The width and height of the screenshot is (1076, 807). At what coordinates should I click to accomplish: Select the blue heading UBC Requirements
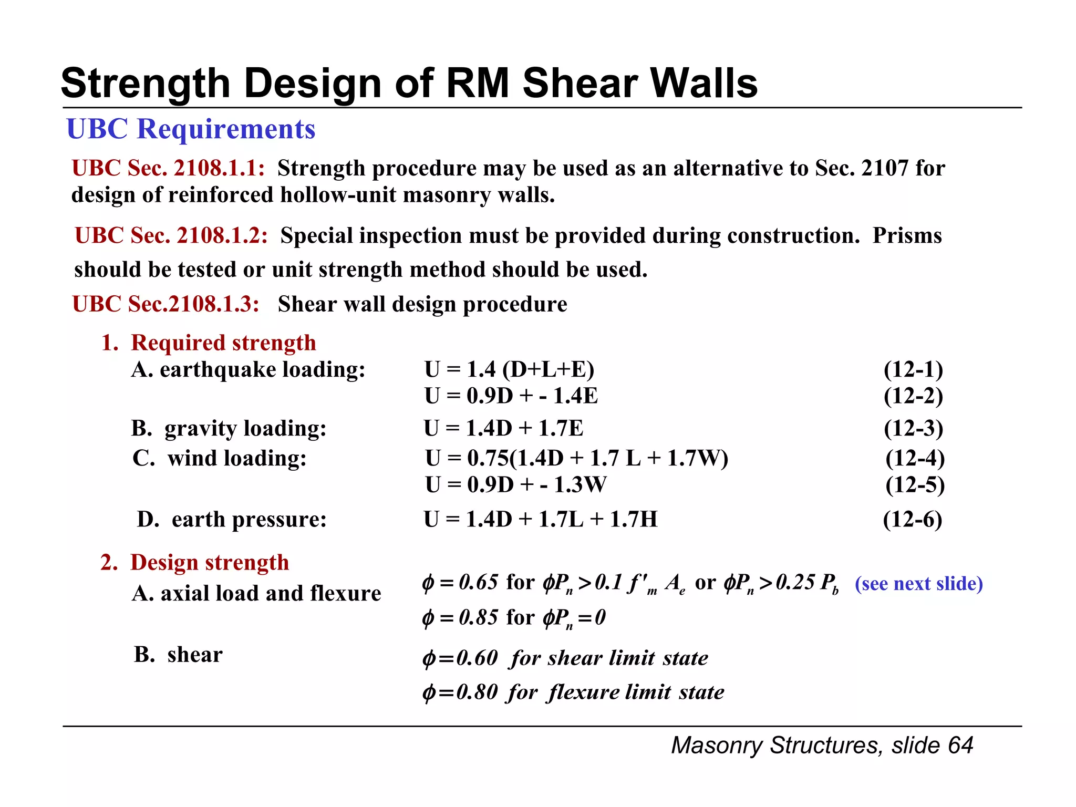coord(191,129)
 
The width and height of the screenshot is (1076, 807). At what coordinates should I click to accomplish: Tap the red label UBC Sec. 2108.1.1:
coord(168,169)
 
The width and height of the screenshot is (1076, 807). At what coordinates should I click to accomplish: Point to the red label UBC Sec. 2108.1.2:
coord(171,236)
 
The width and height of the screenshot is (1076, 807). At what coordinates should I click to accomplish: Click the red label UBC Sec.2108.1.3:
coord(166,304)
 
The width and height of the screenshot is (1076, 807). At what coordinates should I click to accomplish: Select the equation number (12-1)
coord(913,370)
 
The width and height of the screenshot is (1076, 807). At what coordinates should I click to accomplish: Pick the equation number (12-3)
coord(913,429)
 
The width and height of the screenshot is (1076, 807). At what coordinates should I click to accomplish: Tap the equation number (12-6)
coord(912,520)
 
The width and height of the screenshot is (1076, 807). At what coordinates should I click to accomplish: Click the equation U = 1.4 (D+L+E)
coord(509,370)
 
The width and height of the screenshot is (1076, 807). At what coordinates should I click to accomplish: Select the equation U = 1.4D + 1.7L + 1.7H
coord(541,520)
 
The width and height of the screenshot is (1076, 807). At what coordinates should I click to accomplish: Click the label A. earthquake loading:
coord(248,370)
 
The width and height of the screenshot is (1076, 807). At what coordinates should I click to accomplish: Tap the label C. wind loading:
coord(220,459)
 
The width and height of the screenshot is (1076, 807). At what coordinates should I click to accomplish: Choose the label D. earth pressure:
coord(232,520)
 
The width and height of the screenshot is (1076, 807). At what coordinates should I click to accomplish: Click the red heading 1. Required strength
coord(209,343)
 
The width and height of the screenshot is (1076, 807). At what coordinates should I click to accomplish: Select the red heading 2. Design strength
coord(194,563)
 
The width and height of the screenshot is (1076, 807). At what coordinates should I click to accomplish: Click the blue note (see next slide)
coord(918,584)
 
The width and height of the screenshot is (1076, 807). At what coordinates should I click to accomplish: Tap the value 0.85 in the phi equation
coord(478,617)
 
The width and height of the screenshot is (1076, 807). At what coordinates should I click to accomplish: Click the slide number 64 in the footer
coord(960,746)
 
